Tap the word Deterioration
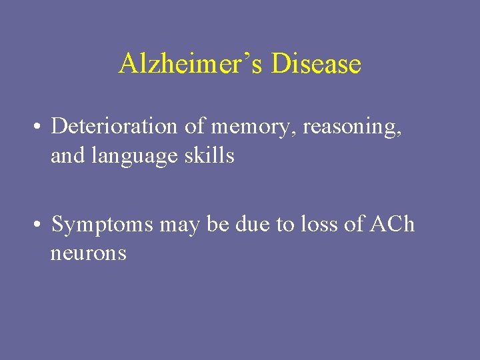click(114, 125)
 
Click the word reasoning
click(352, 127)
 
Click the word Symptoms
click(103, 225)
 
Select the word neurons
click(88, 254)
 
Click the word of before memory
click(196, 125)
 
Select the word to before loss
click(285, 225)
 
